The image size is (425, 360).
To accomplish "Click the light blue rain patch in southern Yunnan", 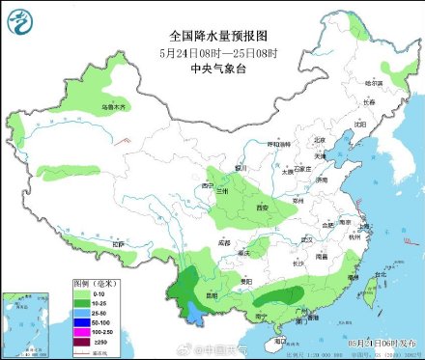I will (194, 311).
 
